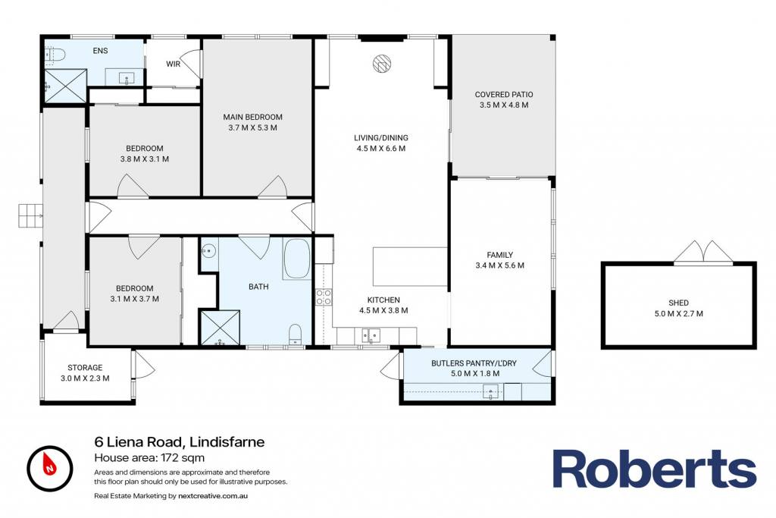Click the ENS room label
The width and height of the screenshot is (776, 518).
(100, 51)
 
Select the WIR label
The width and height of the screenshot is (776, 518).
(173, 64)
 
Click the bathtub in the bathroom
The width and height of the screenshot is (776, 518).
(297, 259)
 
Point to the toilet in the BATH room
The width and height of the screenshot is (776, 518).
(296, 334)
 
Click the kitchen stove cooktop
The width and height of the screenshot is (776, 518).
(324, 297)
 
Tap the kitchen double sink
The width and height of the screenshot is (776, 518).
(370, 336)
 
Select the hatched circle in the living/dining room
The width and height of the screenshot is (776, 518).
(382, 64)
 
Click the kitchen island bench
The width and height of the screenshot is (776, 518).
(410, 266)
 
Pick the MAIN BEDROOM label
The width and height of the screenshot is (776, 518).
(252, 117)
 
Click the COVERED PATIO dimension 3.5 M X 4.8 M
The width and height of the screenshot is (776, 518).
(504, 105)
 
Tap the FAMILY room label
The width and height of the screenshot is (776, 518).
(500, 255)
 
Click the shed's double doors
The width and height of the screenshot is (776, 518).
(702, 252)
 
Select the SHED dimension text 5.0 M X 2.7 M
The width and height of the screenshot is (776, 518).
(678, 313)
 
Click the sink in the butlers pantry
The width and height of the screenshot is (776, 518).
(490, 391)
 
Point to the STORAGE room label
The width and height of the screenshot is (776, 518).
(85, 367)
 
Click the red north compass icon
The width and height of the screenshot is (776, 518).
(50, 469)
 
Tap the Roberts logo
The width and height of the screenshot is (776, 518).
(654, 469)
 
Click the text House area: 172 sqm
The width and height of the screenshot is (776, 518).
(149, 457)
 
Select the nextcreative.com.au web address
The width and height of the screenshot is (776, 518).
(213, 496)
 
